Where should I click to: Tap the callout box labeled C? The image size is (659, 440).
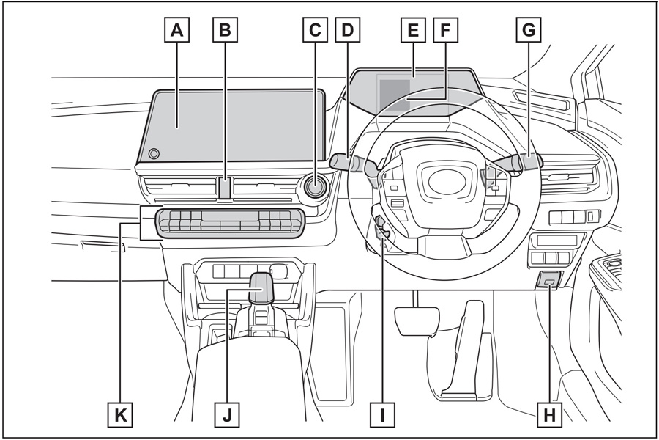coord(315,30)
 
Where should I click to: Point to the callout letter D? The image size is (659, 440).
coord(347,30)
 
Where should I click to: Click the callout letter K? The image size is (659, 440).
coord(119,415)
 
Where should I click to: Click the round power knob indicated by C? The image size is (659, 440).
coord(316,186)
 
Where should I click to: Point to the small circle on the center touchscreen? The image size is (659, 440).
coord(154,153)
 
